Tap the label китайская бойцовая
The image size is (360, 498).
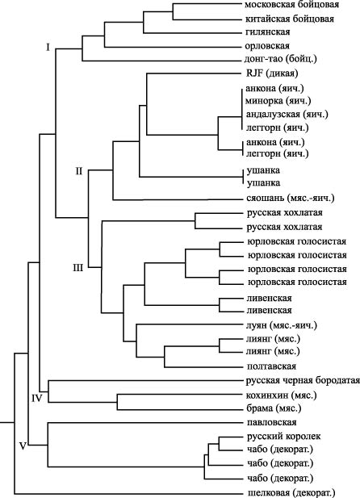[x=290, y=19]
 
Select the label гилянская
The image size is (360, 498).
[x=267, y=32]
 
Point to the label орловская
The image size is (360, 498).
[x=267, y=46]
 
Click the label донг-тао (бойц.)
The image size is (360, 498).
[x=281, y=59]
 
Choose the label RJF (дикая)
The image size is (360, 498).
[x=272, y=73]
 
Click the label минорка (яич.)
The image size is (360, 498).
[x=278, y=101]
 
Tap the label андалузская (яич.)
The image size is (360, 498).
[x=287, y=115]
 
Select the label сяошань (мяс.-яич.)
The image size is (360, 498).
[x=291, y=199]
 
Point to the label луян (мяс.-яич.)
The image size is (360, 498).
[x=282, y=325]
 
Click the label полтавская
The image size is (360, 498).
[x=272, y=366]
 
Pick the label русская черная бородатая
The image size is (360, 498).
[x=303, y=380]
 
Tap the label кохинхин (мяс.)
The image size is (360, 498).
[x=282, y=395]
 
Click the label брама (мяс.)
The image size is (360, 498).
[x=274, y=408]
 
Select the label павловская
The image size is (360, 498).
[x=272, y=422]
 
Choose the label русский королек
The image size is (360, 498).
[x=284, y=437]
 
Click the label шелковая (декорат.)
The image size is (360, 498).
[x=291, y=493]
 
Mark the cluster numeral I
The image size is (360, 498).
[x=48, y=48]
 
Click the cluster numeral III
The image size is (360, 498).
[x=78, y=269]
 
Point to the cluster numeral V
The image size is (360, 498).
[x=23, y=446]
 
